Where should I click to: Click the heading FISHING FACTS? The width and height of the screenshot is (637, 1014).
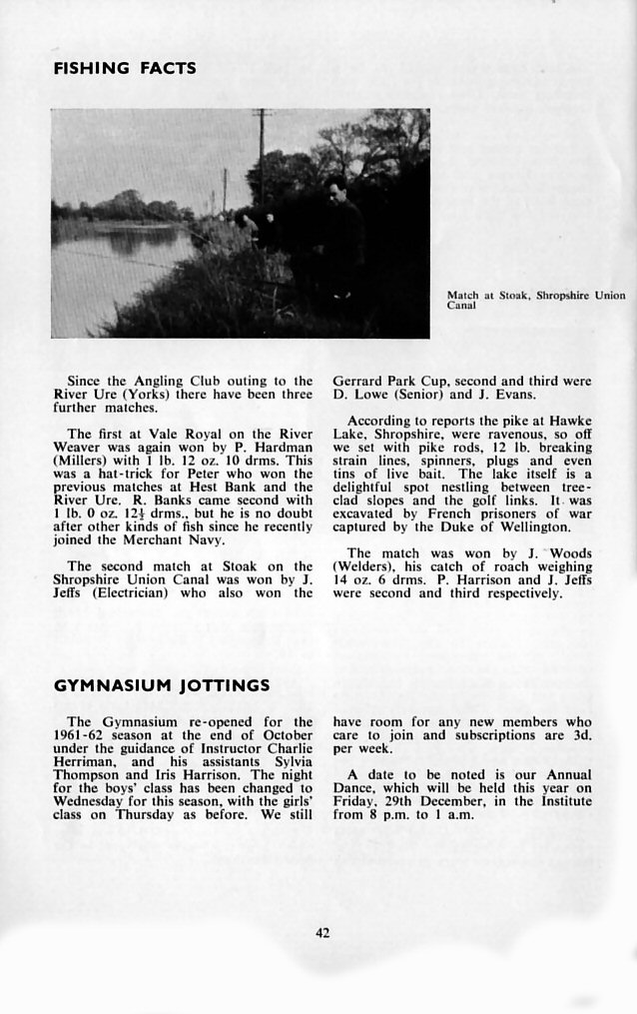point(125,69)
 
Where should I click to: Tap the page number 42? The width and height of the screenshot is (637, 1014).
point(322,933)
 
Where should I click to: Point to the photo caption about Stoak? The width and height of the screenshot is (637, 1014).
point(535,301)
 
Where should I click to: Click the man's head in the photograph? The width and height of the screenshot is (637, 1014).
point(336,186)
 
